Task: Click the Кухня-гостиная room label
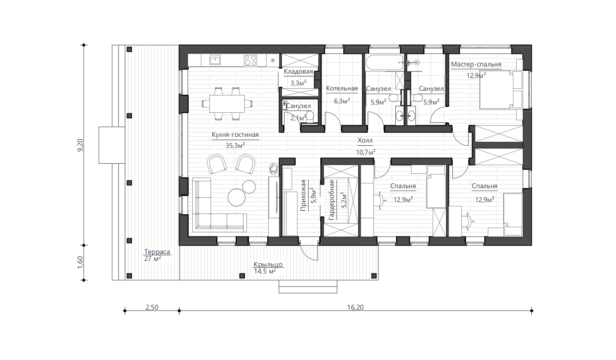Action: pos(235,135)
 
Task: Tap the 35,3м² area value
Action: pos(235,145)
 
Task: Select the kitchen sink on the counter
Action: pos(215,60)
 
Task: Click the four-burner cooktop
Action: pos(250,60)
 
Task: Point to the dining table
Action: pos(227,104)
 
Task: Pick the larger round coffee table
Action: pos(237,197)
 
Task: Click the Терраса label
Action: pos(157,252)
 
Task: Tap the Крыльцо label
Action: pos(268,264)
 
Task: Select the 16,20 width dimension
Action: pos(355,307)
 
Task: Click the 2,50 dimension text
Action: pos(152,307)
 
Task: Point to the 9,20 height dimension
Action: pos(80,145)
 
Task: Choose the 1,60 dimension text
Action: pos(80,262)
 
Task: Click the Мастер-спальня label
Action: pos(476,64)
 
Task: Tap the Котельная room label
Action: pos(342,88)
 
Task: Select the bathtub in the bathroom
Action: pos(385,62)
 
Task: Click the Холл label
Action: pos(365,140)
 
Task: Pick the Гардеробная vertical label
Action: pos(331,200)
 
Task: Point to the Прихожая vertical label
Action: pos(303,195)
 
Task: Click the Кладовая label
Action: pos(298,71)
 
